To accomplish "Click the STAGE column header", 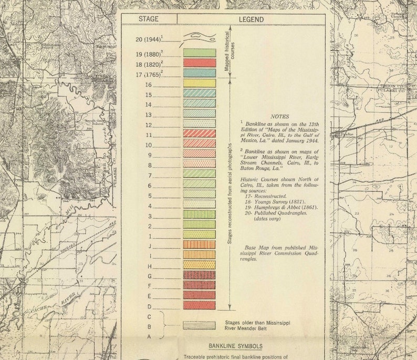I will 149,19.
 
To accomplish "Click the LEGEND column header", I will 251,19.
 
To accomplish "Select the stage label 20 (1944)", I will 149,38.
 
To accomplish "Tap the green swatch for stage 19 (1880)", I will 199,53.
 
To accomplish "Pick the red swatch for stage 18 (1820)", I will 199,63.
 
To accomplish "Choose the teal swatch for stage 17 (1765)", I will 199,73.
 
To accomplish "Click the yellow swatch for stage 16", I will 199,83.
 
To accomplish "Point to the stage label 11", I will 149,135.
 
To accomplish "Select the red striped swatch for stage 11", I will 199,133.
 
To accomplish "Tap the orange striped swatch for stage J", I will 199,244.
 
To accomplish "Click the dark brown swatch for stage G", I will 199,275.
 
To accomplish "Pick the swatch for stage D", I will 199,305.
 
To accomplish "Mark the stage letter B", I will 149,326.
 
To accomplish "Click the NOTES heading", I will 279,117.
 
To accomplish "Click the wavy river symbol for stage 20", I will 199,37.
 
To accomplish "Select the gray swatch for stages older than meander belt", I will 199,325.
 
